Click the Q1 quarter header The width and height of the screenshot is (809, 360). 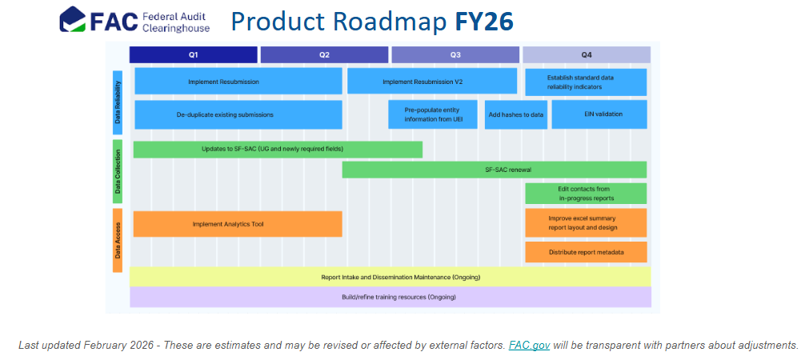[193, 54]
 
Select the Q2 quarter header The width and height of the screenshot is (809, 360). [324, 54]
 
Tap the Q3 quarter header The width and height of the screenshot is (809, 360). [455, 54]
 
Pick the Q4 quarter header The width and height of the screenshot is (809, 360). [586, 54]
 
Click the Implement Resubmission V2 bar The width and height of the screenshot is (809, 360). [432, 82]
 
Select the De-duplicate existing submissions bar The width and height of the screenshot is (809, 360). [238, 114]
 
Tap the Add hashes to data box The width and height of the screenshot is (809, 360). [515, 114]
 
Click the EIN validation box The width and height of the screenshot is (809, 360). [599, 114]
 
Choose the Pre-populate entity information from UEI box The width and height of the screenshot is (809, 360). [433, 114]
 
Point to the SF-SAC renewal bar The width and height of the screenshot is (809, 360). [494, 170]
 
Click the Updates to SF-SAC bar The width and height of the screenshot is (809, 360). [277, 150]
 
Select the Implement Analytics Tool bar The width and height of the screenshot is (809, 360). [238, 224]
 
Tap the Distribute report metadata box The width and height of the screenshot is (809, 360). [586, 252]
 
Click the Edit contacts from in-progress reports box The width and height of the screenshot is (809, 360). [586, 194]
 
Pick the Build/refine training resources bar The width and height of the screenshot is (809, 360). [390, 297]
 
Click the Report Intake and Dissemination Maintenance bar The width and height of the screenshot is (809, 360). [390, 277]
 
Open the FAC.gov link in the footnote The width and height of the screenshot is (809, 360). [529, 346]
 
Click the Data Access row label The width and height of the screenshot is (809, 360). [118, 240]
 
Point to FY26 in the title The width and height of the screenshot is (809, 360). [483, 22]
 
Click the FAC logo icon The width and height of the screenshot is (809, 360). [74, 20]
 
